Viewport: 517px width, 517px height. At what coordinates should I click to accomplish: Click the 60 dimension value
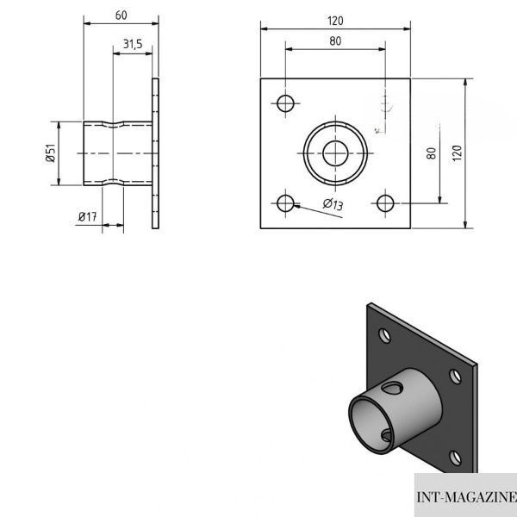[121, 16]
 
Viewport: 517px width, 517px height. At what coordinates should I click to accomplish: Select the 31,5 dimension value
[133, 44]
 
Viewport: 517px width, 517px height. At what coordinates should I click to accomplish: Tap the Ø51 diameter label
[51, 153]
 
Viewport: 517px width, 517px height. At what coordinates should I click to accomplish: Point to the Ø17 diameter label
[87, 216]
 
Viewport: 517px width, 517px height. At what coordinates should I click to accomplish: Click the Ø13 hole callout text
[333, 204]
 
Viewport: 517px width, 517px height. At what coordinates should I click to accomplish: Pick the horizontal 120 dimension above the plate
[335, 21]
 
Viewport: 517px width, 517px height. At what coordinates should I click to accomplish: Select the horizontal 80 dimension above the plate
[335, 40]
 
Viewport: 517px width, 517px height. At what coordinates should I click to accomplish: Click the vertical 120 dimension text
[457, 153]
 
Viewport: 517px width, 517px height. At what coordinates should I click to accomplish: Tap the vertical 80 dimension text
[432, 153]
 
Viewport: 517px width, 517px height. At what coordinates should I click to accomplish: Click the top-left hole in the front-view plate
[285, 103]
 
